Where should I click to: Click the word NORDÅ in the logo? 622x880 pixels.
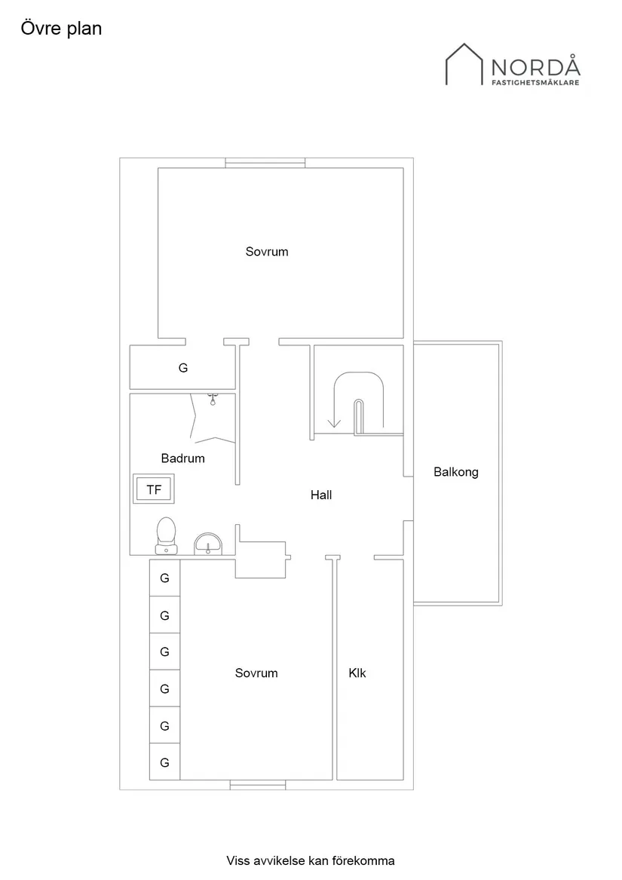[536, 66]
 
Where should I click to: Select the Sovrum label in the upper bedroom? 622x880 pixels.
[267, 252]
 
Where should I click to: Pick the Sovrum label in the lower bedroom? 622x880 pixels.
[256, 673]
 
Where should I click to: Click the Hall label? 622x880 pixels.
[321, 495]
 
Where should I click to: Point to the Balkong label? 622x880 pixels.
[456, 473]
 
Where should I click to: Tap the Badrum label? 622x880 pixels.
[183, 458]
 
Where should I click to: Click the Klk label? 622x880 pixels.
[357, 673]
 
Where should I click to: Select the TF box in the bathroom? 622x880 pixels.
[154, 490]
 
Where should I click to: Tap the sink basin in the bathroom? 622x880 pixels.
[208, 542]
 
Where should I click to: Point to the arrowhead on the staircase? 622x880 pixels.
[334, 423]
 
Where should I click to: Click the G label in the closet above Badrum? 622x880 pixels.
[183, 369]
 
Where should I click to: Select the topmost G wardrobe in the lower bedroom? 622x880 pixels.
[164, 578]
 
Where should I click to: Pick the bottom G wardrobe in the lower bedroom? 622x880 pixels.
[164, 762]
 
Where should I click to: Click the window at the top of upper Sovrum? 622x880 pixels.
[265, 162]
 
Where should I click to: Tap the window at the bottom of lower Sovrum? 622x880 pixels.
[258, 786]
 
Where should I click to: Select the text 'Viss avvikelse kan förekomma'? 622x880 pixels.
[311, 860]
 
